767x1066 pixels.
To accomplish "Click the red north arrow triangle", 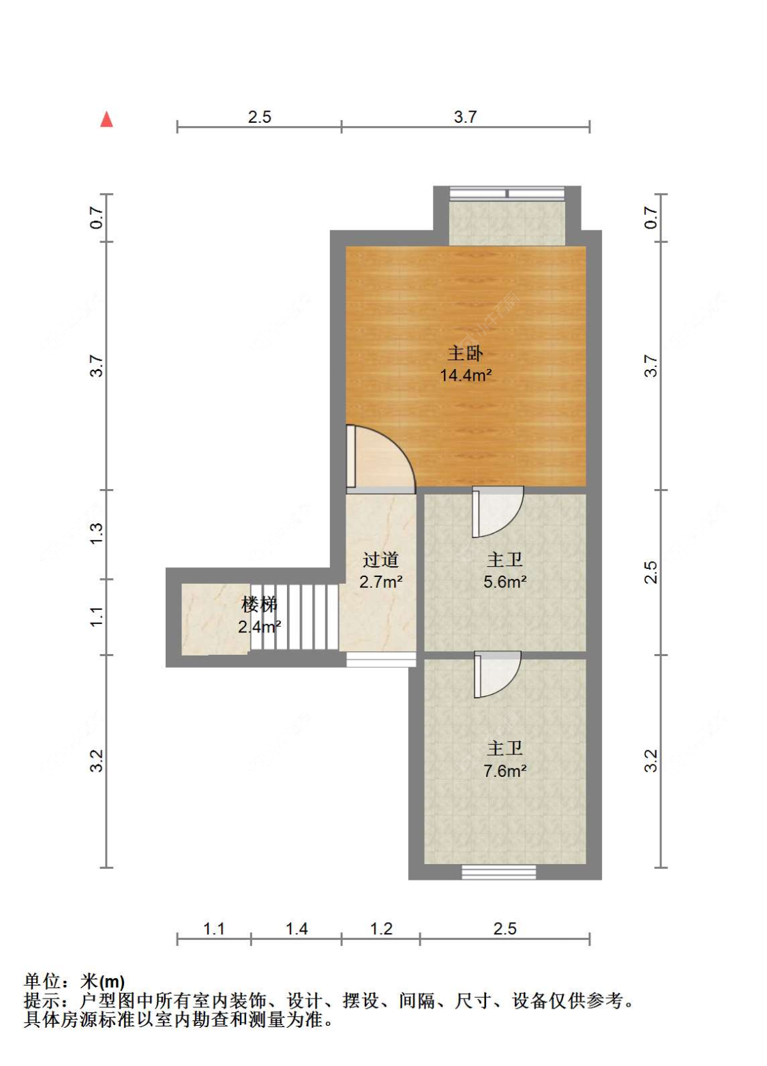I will pyautogui.click(x=106, y=120).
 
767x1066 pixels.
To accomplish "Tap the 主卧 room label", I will pyautogui.click(x=465, y=353).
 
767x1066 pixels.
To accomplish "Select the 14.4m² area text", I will pyautogui.click(x=466, y=375).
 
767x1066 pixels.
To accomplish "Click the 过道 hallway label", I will pyautogui.click(x=380, y=560).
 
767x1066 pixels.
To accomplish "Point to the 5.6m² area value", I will pyautogui.click(x=505, y=582).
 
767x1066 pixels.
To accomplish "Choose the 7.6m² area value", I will pyautogui.click(x=505, y=771).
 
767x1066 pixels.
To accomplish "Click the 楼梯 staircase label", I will pyautogui.click(x=259, y=604).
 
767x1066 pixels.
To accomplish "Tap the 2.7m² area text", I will pyautogui.click(x=380, y=582).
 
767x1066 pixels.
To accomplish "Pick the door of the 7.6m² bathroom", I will pyautogui.click(x=496, y=674).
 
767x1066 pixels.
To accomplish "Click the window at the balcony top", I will pyautogui.click(x=507, y=194).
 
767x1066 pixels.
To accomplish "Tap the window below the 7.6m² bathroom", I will pyautogui.click(x=498, y=872).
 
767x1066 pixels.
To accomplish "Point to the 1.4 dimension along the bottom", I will pyautogui.click(x=297, y=928).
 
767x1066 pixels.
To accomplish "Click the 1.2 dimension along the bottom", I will pyautogui.click(x=381, y=928).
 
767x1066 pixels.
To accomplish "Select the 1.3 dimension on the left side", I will pyautogui.click(x=97, y=533).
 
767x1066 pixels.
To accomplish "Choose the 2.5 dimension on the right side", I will pyautogui.click(x=651, y=572).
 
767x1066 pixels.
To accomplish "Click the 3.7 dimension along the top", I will pyautogui.click(x=465, y=117).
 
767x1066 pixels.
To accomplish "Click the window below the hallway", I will pyautogui.click(x=380, y=660).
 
